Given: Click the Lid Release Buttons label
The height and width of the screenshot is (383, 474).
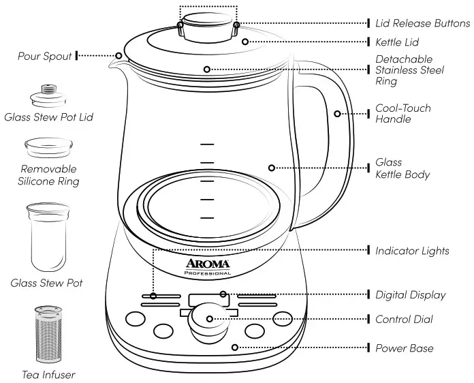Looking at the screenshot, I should tap(422, 22).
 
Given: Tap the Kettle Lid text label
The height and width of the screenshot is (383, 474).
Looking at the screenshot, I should tap(397, 42).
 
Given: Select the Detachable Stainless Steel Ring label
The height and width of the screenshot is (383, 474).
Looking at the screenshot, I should tap(409, 70).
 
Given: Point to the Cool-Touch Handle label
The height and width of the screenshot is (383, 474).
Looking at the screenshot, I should tap(403, 114).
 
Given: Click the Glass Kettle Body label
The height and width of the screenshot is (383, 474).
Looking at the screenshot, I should tap(402, 168).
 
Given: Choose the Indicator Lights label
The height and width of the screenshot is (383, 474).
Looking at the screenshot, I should tap(412, 251).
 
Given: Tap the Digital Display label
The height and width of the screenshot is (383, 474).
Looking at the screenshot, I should tap(411, 295).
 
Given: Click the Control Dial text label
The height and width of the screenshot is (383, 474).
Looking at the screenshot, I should tap(404, 319).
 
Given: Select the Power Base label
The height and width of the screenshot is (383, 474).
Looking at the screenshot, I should tap(404, 348).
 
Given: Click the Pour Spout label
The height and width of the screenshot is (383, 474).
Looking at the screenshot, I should tap(45, 56).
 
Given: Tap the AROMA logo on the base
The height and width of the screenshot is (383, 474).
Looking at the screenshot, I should tap(208, 263).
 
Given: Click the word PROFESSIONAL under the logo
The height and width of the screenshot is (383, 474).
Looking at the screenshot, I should tap(208, 273).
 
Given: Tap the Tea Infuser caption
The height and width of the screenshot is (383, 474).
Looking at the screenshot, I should tap(48, 374).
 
